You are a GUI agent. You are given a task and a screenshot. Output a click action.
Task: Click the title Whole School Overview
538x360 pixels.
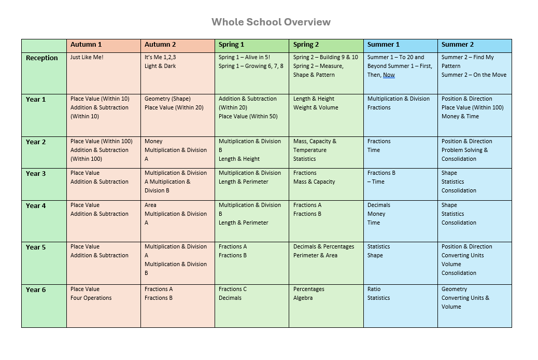(271, 22)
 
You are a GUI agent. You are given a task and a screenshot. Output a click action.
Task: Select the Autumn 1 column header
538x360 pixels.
(86, 45)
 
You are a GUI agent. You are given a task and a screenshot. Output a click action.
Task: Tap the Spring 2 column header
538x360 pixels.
(306, 45)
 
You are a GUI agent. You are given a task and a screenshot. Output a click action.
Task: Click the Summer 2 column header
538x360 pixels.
(457, 45)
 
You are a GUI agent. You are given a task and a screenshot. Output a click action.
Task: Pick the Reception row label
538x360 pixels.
(42, 58)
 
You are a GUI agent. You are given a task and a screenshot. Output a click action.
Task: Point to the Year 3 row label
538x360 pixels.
(36, 174)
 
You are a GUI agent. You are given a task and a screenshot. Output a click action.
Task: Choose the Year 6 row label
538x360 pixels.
(36, 290)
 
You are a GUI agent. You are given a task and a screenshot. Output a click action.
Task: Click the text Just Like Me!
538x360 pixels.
(87, 58)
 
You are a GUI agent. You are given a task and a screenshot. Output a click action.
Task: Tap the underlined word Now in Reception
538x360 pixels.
(389, 75)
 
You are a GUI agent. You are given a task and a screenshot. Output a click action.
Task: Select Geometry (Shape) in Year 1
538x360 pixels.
(167, 99)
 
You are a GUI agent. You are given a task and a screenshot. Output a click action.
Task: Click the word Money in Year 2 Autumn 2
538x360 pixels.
(153, 142)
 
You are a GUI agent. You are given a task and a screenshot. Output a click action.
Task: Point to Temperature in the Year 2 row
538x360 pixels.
(310, 150)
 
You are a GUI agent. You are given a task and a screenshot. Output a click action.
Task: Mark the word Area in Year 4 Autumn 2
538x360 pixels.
(150, 205)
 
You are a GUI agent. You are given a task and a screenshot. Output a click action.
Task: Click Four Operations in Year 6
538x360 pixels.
(91, 298)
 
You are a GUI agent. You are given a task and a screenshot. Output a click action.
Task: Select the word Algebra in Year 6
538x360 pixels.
(303, 298)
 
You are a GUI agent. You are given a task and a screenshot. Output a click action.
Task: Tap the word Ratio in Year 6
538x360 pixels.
(374, 289)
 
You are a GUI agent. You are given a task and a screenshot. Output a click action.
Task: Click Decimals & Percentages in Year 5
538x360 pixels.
(323, 247)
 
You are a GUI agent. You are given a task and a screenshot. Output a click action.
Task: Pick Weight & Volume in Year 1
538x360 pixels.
(315, 108)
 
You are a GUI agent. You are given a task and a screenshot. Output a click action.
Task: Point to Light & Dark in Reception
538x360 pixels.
(160, 66)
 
